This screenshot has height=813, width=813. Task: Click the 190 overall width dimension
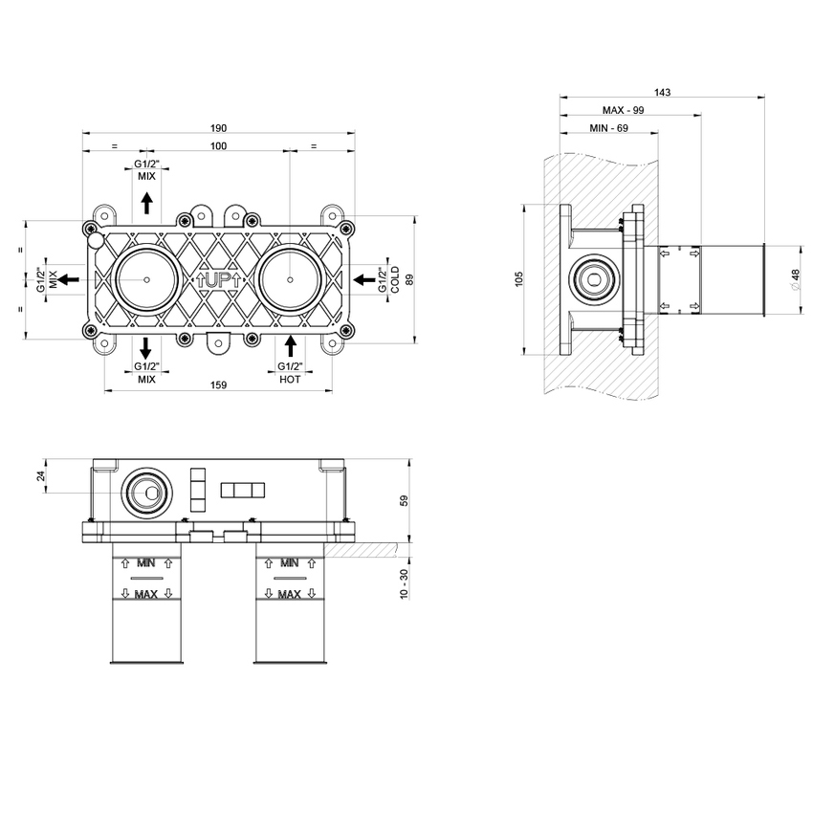[218, 129]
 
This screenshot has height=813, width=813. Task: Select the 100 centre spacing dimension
[218, 145]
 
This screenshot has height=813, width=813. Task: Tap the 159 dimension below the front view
[218, 385]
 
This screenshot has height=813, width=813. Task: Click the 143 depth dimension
[662, 93]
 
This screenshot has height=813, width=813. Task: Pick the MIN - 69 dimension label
[608, 128]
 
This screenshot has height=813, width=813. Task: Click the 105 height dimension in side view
[519, 279]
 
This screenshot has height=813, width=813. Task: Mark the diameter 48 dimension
[795, 278]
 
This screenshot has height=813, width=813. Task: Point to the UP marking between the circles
[218, 280]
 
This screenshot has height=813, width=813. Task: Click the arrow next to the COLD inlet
[364, 278]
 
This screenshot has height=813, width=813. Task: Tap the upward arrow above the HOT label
[291, 345]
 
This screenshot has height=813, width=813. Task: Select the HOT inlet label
[291, 379]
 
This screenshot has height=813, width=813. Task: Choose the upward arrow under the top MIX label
[146, 202]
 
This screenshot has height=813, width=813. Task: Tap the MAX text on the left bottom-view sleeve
[145, 594]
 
